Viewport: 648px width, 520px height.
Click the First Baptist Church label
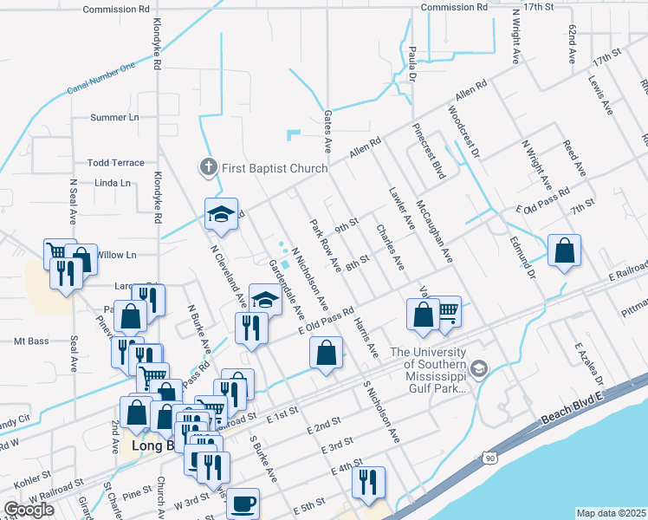pos(275,168)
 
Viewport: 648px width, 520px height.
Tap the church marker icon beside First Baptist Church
pos(208,167)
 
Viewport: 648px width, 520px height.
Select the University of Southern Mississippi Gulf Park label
pos(429,370)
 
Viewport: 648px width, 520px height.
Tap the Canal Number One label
pos(102,79)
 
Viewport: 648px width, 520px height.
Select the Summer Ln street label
pos(114,117)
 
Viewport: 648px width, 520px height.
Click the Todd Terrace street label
pos(115,162)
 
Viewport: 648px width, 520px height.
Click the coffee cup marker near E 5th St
pos(243,502)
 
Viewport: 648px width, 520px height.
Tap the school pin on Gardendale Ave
pos(266,299)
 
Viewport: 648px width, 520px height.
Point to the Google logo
pos(29,510)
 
